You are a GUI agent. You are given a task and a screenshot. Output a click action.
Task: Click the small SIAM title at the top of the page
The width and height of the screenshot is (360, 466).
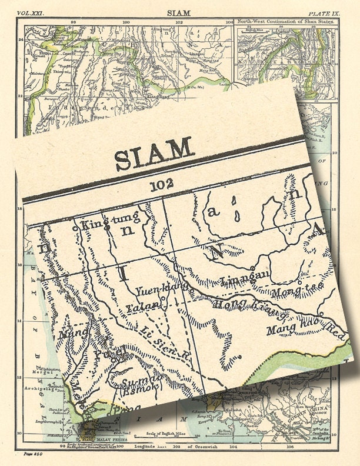click(175, 12)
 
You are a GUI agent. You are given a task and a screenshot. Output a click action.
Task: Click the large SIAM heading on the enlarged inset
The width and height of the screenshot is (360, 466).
click(154, 153)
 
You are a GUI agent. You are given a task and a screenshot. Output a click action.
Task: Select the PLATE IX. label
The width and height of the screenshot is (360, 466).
click(328, 12)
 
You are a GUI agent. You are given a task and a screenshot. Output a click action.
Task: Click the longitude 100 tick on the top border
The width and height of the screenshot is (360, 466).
click(126, 22)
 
